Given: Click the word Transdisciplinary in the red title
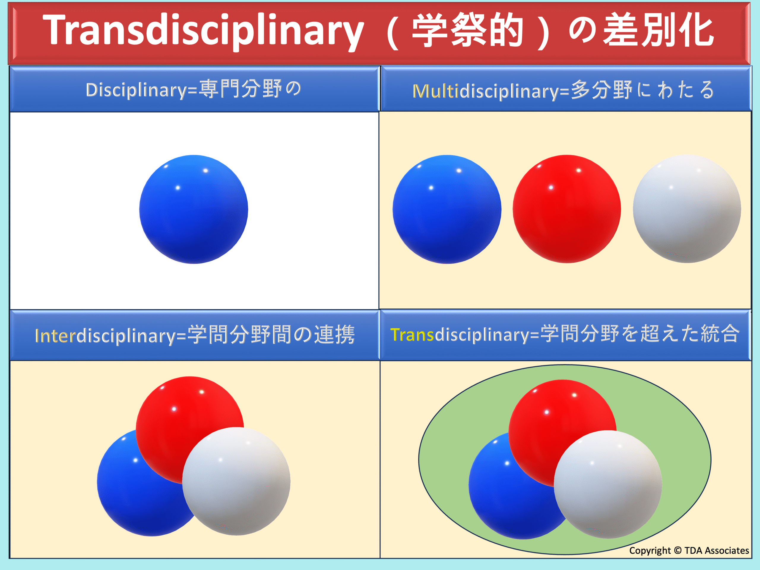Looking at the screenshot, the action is point(203,31).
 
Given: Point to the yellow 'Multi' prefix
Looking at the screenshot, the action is point(435,91).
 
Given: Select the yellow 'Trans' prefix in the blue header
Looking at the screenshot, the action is point(412,334).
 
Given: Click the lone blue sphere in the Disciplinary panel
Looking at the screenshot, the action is point(194,209).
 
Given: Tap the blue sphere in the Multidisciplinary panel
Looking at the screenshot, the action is point(447,209).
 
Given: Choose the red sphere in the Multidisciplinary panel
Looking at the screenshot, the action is point(566,209).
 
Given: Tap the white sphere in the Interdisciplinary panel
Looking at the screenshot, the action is point(236,481).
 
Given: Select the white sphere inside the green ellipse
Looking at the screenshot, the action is point(608,484).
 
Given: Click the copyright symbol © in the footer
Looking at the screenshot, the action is point(677,550).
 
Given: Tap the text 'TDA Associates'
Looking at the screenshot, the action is point(716,550).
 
